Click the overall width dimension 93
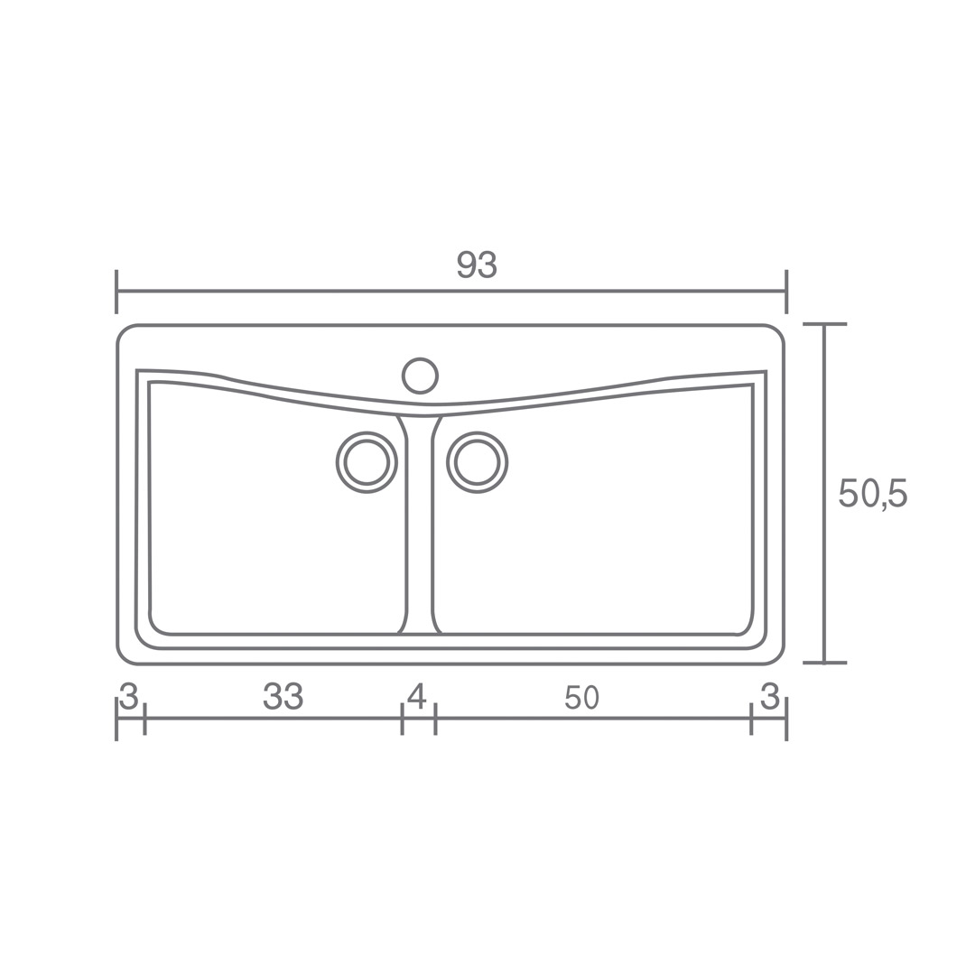[x=477, y=265]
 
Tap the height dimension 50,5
[x=873, y=494]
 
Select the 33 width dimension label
[x=283, y=696]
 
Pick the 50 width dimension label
[x=582, y=698]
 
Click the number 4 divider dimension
[x=417, y=696]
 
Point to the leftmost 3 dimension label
[x=128, y=696]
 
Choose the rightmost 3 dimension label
[x=770, y=696]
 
